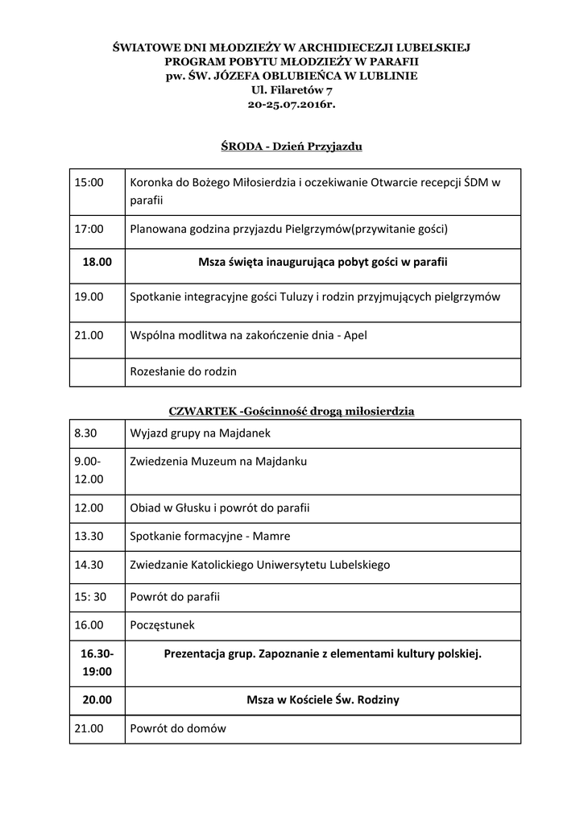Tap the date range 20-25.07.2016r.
coord(292,104)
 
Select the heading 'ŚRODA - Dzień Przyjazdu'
coord(292,147)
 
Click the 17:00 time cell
coord(89,229)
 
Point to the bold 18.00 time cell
coord(97,262)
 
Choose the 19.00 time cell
coord(89,296)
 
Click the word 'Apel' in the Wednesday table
coord(355,334)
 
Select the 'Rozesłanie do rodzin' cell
coord(183,371)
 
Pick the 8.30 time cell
coord(85,433)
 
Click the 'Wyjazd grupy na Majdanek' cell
coord(200,433)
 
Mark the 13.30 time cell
coord(89,536)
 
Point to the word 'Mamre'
coord(274,536)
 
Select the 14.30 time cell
coord(89,565)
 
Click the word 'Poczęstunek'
coord(162,624)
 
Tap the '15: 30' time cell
coord(90,597)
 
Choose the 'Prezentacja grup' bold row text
coord(322,653)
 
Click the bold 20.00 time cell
coord(97,700)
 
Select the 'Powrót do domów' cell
coord(178,728)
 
